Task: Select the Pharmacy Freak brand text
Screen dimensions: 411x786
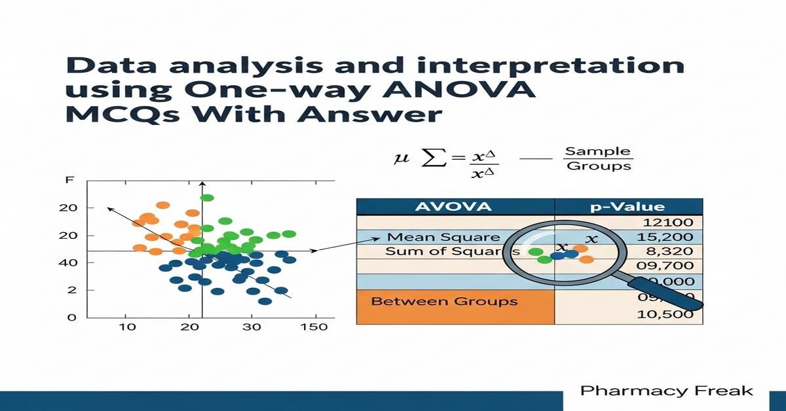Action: pyautogui.click(x=667, y=391)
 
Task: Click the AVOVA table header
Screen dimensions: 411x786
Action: pyautogui.click(x=455, y=207)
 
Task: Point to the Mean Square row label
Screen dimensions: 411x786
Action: pyautogui.click(x=443, y=238)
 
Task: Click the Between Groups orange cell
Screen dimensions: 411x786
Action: pyautogui.click(x=444, y=301)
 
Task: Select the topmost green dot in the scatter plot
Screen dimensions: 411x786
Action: pyautogui.click(x=208, y=198)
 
